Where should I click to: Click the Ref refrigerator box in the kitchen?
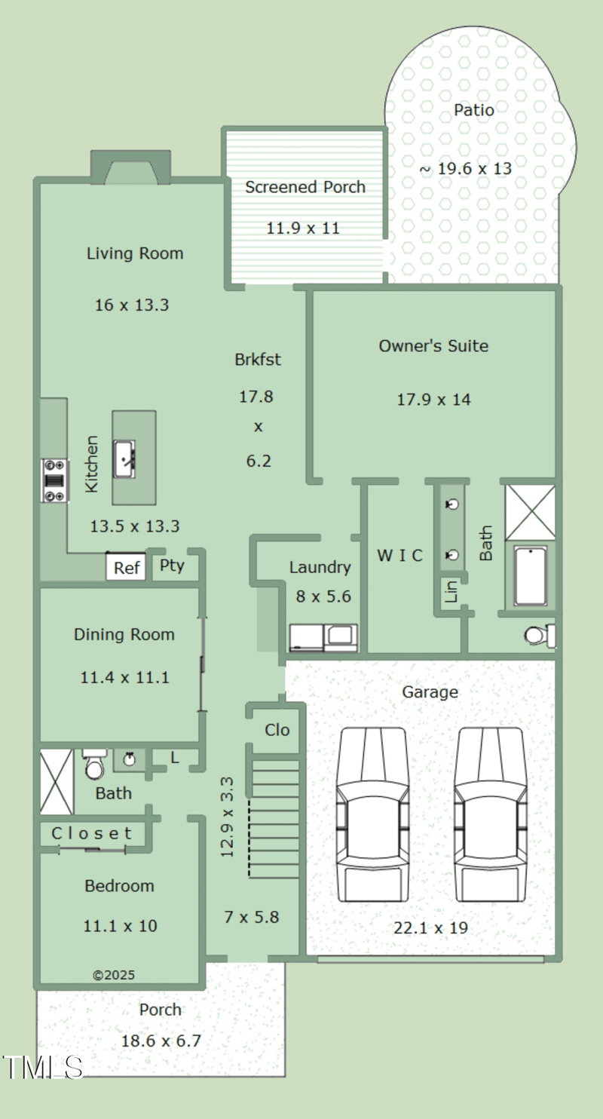(x=126, y=566)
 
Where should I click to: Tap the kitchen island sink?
(x=124, y=458)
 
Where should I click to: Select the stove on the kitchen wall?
(x=55, y=480)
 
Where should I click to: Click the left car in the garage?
(x=373, y=814)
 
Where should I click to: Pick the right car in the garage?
(x=490, y=814)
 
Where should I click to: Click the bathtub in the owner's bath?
(x=531, y=576)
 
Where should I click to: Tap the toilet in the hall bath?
(x=94, y=764)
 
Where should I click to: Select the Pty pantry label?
(x=172, y=566)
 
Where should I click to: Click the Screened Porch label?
(x=305, y=187)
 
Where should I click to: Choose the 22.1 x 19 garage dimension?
(x=431, y=927)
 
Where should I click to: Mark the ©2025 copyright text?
(x=114, y=975)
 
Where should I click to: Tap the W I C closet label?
(x=399, y=555)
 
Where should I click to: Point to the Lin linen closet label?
(x=451, y=591)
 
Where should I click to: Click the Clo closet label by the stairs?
(x=277, y=730)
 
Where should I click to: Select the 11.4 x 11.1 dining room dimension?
(x=125, y=677)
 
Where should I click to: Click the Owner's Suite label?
(x=433, y=345)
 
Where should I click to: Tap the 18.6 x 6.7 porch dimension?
(x=161, y=1041)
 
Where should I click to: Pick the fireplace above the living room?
(x=131, y=167)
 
